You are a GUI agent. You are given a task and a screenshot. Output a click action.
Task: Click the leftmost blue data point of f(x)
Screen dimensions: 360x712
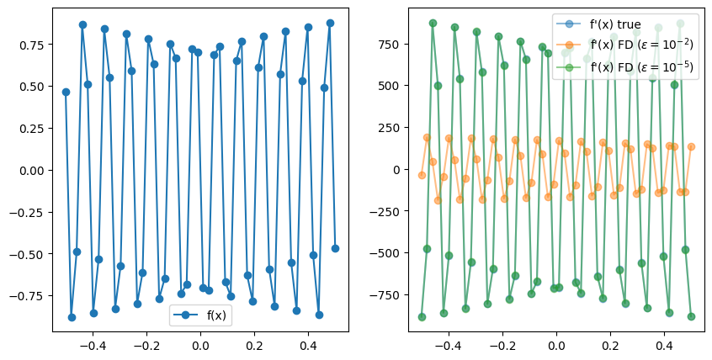(x=66, y=92)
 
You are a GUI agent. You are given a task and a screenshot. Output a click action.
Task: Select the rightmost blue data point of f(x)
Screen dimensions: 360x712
(x=335, y=248)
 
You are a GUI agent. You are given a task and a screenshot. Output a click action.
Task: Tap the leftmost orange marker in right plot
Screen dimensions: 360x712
(x=422, y=175)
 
